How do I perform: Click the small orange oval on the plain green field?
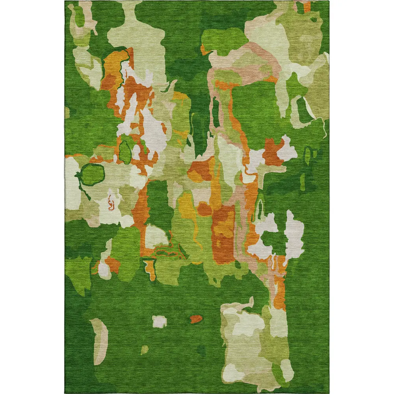[x=196, y=319]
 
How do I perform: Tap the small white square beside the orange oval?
[x=160, y=322]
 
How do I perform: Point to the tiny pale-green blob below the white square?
[x=145, y=349]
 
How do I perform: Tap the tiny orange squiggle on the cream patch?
[x=111, y=204]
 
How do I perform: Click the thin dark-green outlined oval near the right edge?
[x=308, y=154]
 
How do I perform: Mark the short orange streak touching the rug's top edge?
[x=307, y=6]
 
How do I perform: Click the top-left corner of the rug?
[x=65, y=1]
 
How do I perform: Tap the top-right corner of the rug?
[x=329, y=1]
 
